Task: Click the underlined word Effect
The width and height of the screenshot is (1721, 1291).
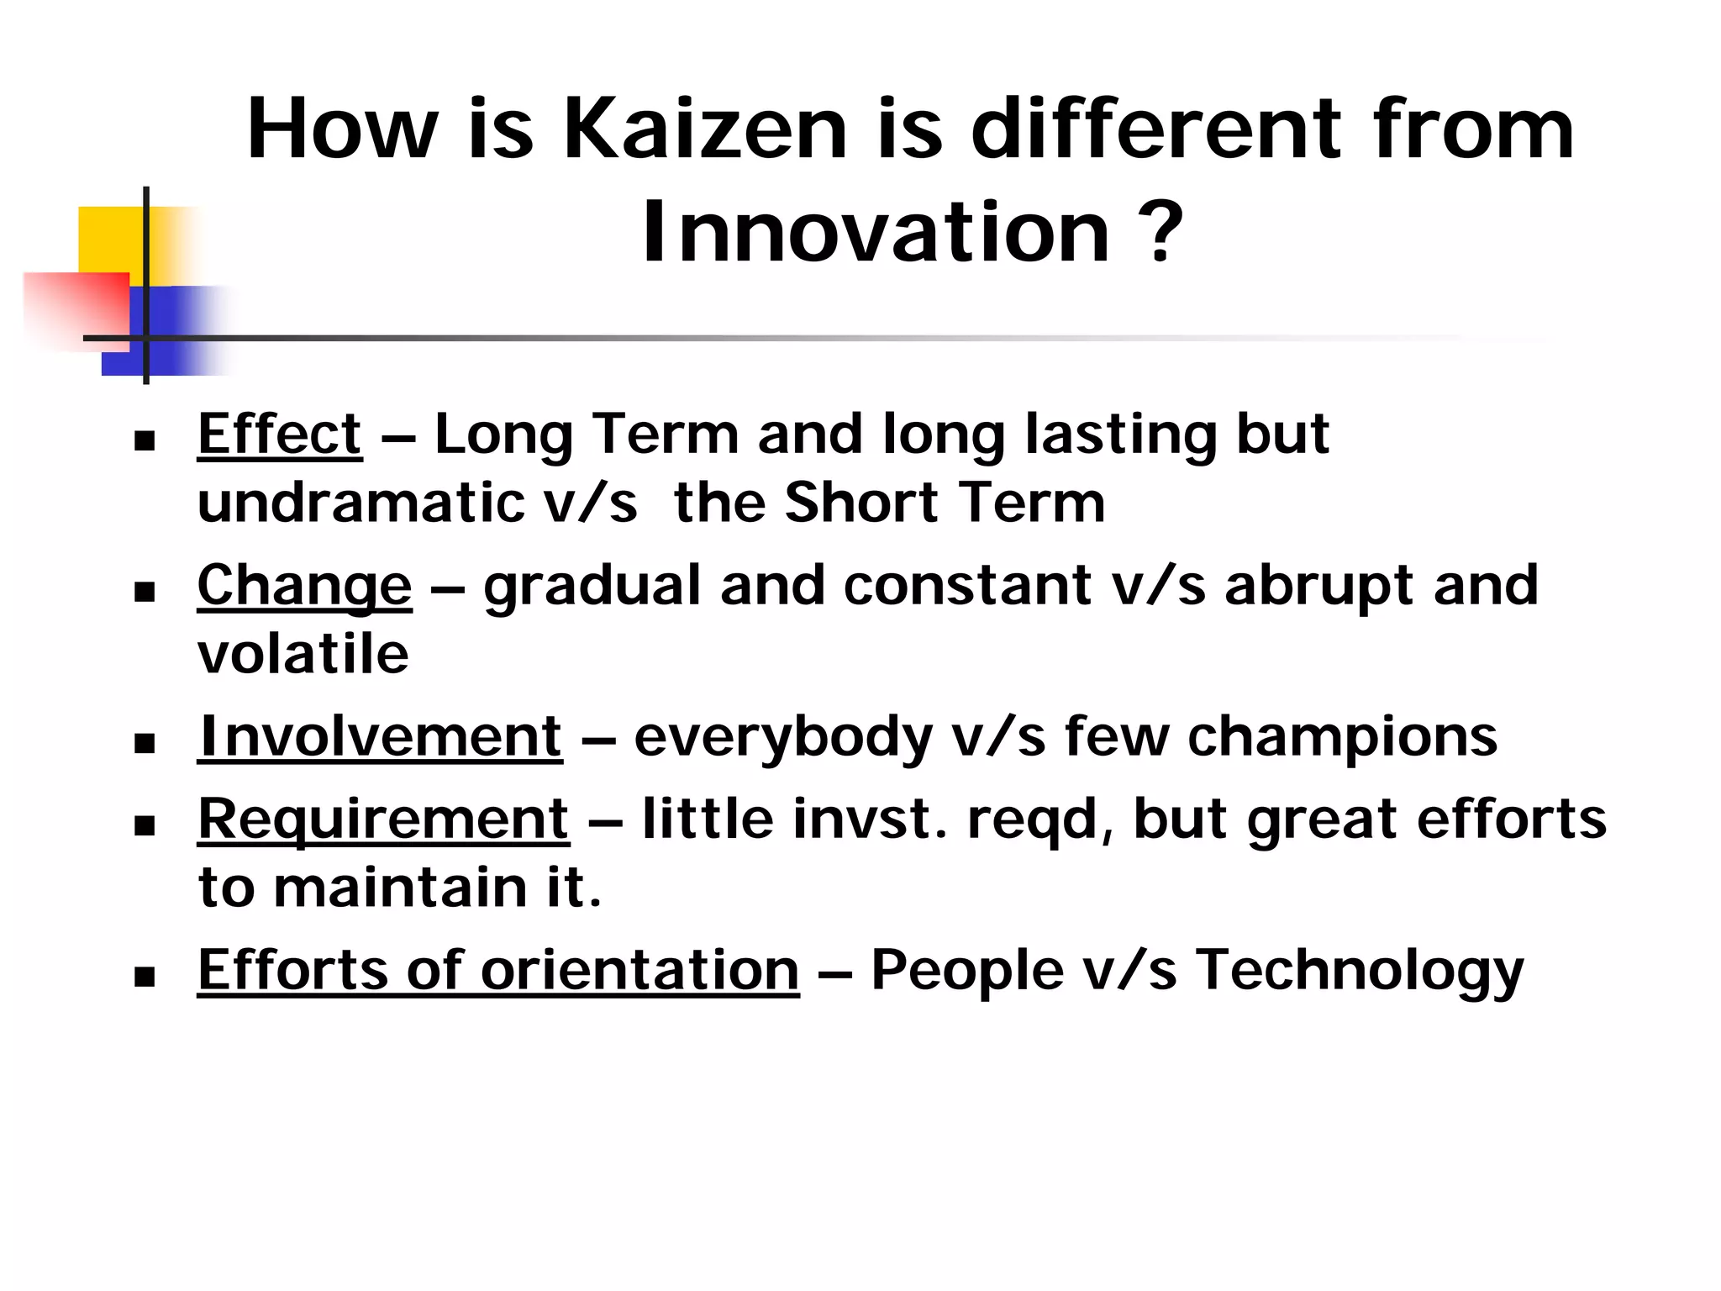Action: pyautogui.click(x=280, y=435)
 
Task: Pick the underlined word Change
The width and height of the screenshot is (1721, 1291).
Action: pyautogui.click(x=304, y=586)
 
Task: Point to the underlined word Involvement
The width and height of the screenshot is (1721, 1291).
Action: pyautogui.click(x=380, y=736)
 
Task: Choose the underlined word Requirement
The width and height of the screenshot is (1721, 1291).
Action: pyautogui.click(x=383, y=819)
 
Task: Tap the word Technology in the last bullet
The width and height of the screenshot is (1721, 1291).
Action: pyautogui.click(x=1360, y=971)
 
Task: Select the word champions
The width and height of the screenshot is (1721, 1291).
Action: pyautogui.click(x=1342, y=738)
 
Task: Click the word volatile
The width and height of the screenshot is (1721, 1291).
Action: pyautogui.click(x=303, y=654)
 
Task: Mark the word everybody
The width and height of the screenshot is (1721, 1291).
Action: pyautogui.click(x=783, y=738)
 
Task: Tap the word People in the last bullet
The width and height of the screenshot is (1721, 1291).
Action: pyautogui.click(x=966, y=971)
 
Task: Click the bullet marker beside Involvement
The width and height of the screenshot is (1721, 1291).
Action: pyautogui.click(x=145, y=743)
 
